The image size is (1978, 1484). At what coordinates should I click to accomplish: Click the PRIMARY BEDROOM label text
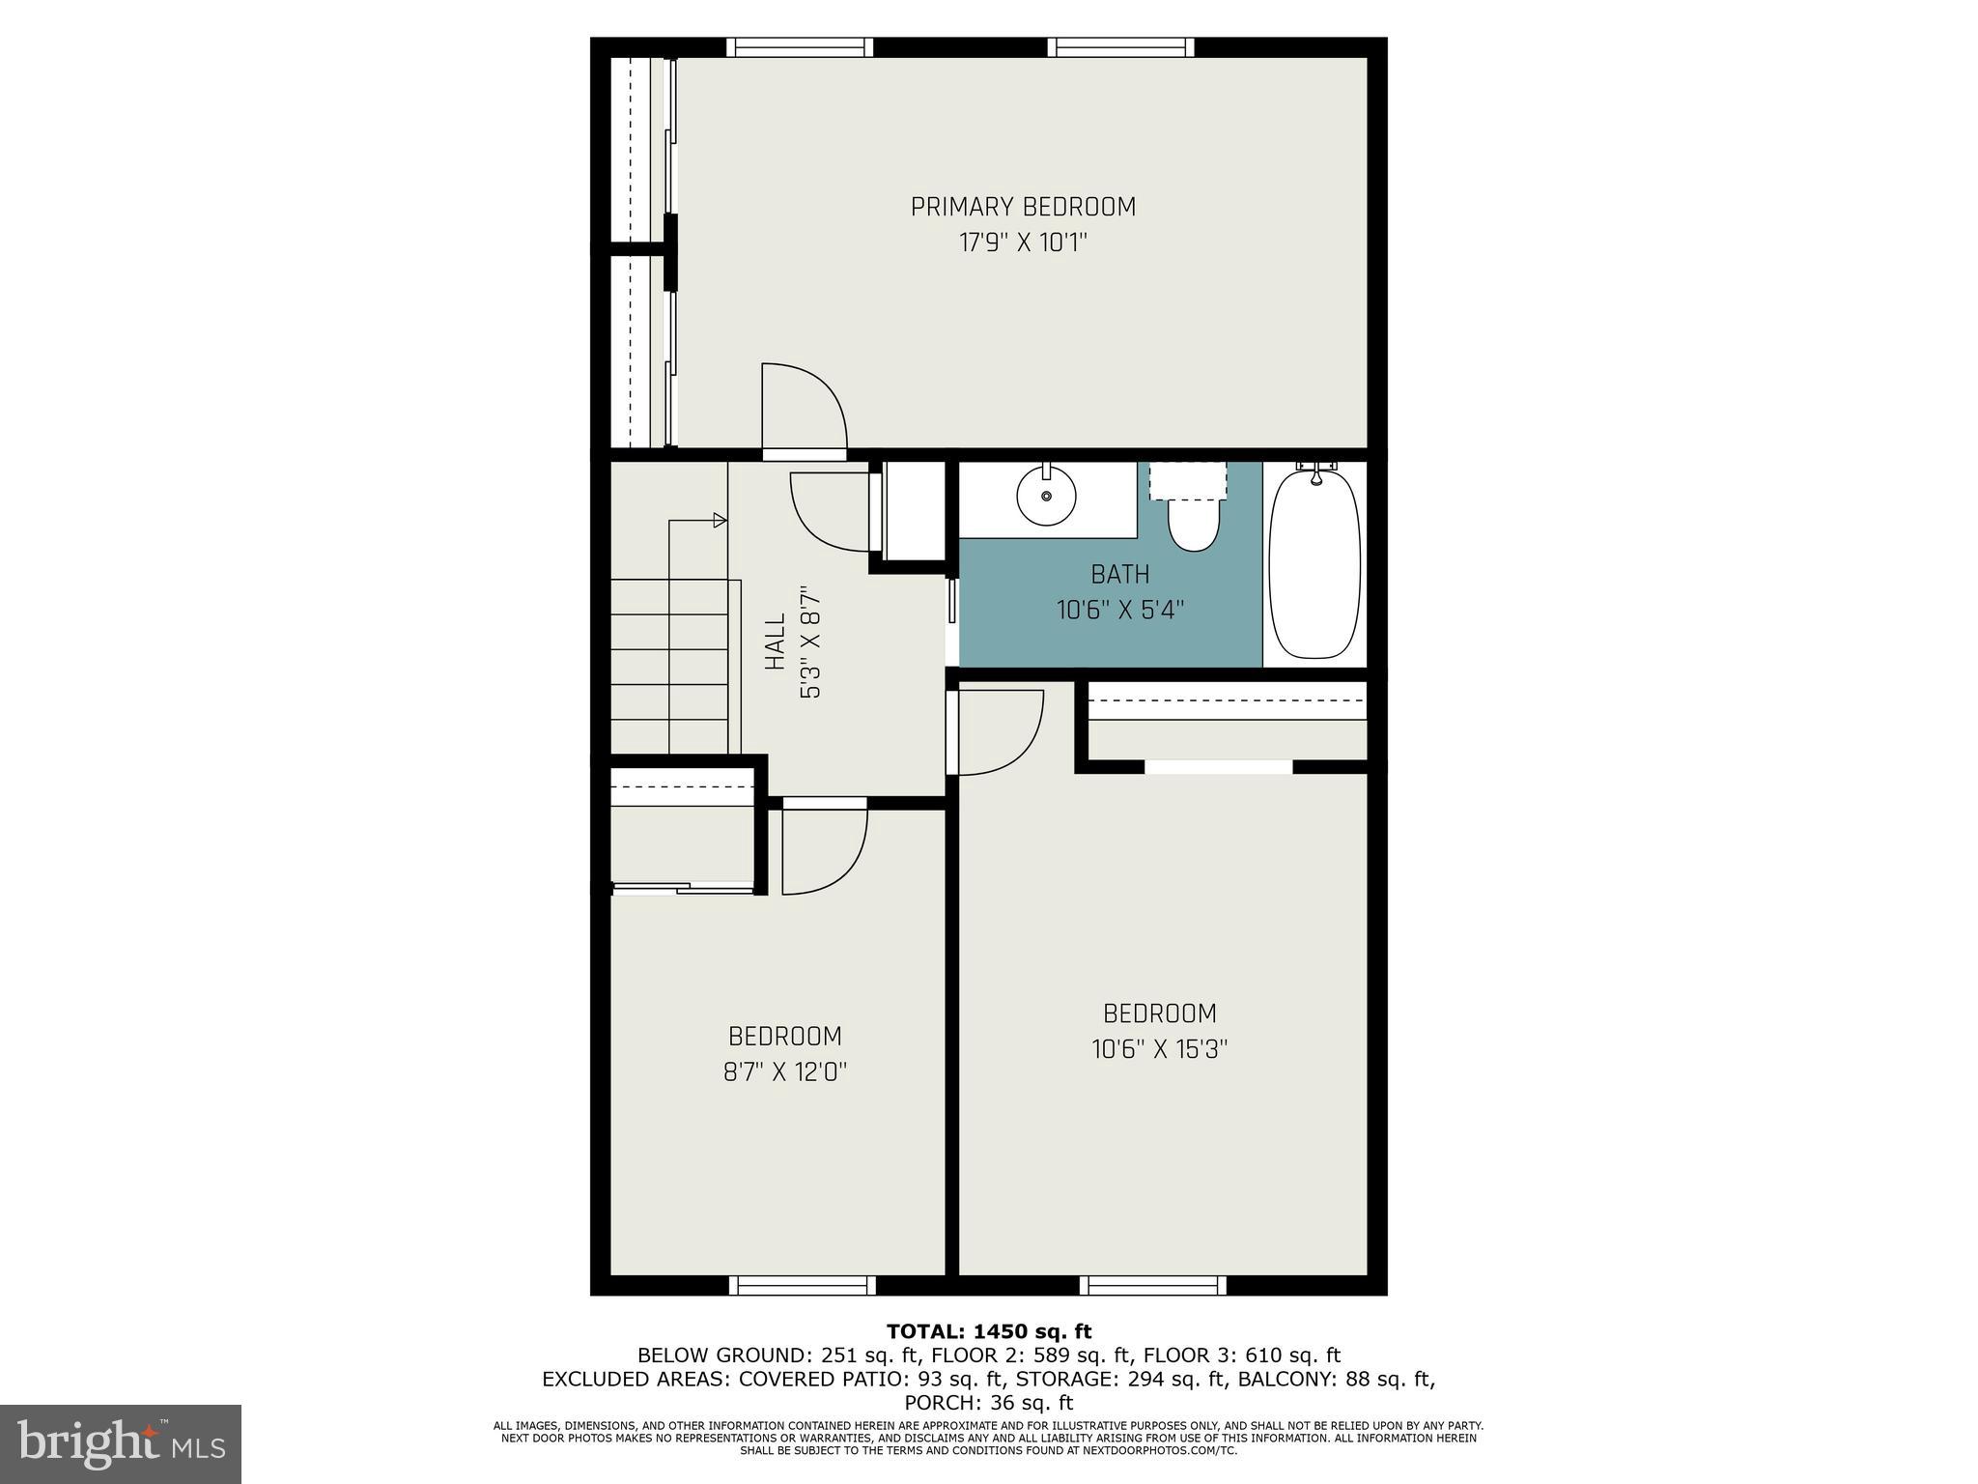(1023, 207)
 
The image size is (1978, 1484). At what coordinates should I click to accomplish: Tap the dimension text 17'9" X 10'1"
(1023, 243)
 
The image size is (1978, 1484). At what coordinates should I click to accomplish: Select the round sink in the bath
(1046, 494)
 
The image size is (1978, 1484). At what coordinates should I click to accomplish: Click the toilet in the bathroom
(1193, 522)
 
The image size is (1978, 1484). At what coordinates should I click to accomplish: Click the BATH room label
(1119, 574)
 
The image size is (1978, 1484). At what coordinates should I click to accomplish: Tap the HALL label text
(775, 642)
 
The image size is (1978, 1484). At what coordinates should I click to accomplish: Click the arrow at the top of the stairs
(719, 521)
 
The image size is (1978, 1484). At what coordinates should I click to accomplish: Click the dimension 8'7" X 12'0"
(785, 1072)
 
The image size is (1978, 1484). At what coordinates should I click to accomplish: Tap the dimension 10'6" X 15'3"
(1159, 1049)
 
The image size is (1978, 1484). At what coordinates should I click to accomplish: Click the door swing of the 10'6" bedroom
(999, 730)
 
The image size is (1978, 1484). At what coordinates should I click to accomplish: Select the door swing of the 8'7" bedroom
(823, 850)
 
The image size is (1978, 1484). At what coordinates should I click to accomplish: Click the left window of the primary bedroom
(800, 47)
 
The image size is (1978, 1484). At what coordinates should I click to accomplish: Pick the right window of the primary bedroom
(1120, 47)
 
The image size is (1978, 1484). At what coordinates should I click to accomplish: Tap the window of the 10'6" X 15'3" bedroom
(1152, 1285)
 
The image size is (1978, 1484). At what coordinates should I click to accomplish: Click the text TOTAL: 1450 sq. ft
(988, 1331)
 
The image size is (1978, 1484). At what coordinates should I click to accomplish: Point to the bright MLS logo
(121, 1443)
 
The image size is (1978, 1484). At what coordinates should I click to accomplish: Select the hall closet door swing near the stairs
(831, 510)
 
